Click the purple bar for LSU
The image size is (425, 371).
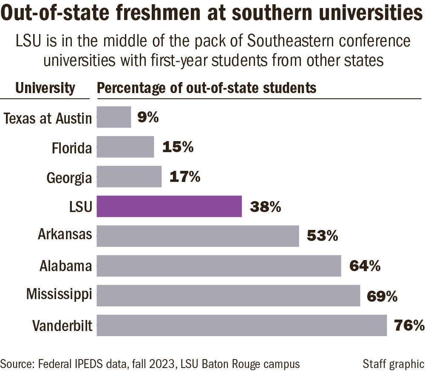tap(169, 206)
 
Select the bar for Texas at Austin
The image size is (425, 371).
tap(114, 117)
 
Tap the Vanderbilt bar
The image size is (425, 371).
tap(241, 325)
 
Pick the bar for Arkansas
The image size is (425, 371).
tap(198, 236)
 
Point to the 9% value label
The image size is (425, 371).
tap(148, 117)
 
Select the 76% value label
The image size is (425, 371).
tap(408, 326)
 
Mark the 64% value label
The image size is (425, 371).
tap(365, 266)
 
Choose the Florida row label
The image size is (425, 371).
tap(71, 148)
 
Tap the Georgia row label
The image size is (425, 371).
tap(69, 178)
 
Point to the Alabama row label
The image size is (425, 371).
tap(65, 266)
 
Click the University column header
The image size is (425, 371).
tap(45, 88)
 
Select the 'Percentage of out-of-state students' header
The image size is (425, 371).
tap(207, 88)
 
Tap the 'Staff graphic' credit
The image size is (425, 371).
tap(393, 364)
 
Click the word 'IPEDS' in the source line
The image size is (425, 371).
tap(111, 364)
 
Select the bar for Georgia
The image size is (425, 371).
tap(129, 176)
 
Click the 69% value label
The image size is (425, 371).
tap(382, 296)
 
